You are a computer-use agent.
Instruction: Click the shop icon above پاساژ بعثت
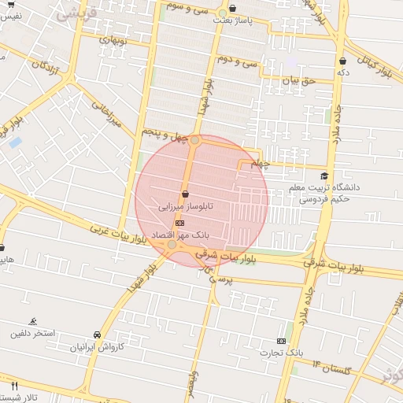pos(231,9)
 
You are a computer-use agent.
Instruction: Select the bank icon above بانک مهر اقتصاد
pos(179,222)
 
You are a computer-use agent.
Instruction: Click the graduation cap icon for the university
pos(324,176)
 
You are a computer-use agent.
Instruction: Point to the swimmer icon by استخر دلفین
pos(32,321)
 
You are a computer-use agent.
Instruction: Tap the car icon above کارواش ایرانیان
pos(97,334)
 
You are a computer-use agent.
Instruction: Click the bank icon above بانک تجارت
pos(281,341)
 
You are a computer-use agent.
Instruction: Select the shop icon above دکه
pos(342,61)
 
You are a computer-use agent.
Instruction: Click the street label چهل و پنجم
pos(165,137)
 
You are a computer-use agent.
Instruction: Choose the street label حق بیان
pos(299,80)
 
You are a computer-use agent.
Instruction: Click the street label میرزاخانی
pos(105,112)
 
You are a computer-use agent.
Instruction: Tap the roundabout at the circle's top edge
pos(194,140)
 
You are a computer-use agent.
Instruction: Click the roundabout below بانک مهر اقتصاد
pos(172,245)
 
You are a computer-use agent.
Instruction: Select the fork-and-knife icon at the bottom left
pos(14,385)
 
